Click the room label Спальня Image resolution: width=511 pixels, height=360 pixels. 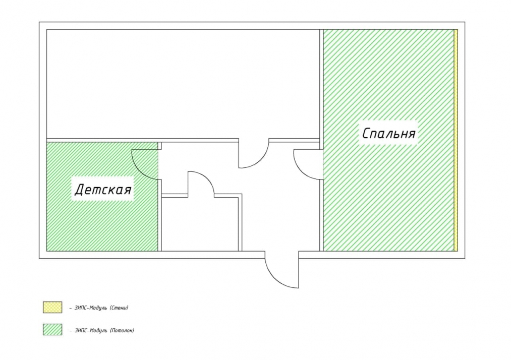click(x=389, y=133)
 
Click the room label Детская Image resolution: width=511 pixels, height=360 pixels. click(x=103, y=189)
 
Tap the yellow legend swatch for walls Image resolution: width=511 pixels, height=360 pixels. click(x=52, y=307)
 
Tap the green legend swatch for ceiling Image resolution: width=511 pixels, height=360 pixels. click(x=52, y=329)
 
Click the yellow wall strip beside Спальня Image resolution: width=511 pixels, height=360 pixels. click(x=456, y=140)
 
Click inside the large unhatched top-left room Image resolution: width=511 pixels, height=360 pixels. click(x=183, y=84)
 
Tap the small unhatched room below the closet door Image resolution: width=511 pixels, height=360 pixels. click(x=200, y=224)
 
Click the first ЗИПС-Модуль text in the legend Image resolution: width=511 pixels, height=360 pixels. click(x=91, y=308)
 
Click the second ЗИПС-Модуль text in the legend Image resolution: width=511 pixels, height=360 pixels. click(x=91, y=330)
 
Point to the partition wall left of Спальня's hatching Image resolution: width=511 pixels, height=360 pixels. click(x=321, y=140)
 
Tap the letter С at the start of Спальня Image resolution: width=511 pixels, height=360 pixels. click(x=366, y=133)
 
